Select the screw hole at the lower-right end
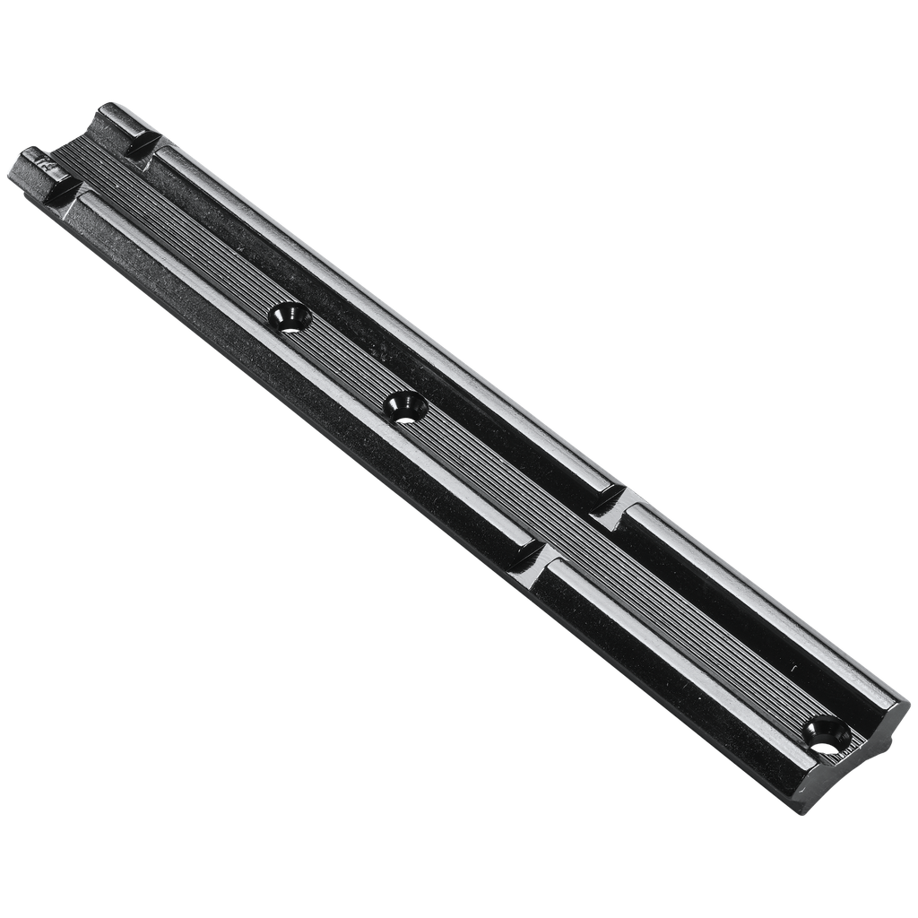pyautogui.click(x=826, y=732)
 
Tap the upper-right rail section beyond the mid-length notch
pyautogui.click(x=753, y=610)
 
